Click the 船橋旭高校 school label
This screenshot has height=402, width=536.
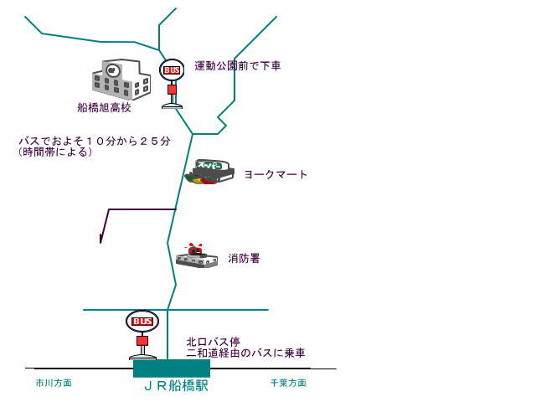pyautogui.click(x=104, y=108)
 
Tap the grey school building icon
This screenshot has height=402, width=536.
pyautogui.click(x=121, y=80)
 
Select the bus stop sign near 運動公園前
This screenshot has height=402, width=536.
pyautogui.click(x=172, y=70)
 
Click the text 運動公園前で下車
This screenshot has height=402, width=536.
pyautogui.click(x=237, y=65)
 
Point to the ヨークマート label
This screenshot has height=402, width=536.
pyautogui.click(x=276, y=174)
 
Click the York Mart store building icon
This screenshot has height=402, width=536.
pyautogui.click(x=208, y=172)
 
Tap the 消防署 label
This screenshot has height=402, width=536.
pyautogui.click(x=244, y=259)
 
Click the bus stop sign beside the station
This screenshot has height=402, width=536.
pyautogui.click(x=142, y=322)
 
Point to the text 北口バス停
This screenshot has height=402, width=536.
pyautogui.click(x=214, y=342)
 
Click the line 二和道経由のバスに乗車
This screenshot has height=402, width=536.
pyautogui.click(x=245, y=353)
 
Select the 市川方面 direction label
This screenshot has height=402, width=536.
pyautogui.click(x=54, y=383)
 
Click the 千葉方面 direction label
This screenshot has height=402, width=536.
pyautogui.click(x=288, y=383)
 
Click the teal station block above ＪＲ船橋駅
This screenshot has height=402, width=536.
pyautogui.click(x=171, y=368)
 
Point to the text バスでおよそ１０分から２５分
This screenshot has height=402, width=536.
pyautogui.click(x=94, y=141)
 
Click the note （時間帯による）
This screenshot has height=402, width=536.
pyautogui.click(x=55, y=152)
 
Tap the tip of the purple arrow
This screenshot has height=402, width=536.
pyautogui.click(x=100, y=242)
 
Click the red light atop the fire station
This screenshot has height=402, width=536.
pyautogui.click(x=195, y=249)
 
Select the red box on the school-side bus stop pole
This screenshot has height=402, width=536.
pyautogui.click(x=172, y=89)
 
